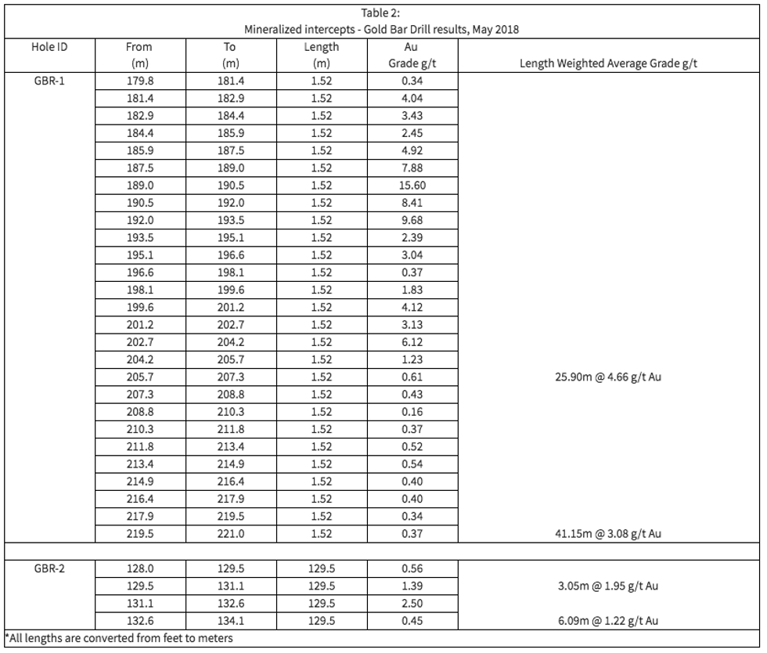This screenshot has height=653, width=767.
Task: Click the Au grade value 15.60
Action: tap(412, 186)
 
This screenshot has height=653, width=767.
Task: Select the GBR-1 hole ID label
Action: tap(49, 81)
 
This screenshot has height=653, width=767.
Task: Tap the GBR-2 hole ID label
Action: tap(49, 569)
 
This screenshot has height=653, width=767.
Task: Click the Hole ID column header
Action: tap(49, 47)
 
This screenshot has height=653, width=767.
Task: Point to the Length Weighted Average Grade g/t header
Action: tap(609, 64)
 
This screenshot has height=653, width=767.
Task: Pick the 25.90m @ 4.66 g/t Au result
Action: tap(609, 377)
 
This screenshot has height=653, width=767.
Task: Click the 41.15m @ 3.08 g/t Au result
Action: tap(609, 534)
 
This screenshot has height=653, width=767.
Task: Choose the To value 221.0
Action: tap(230, 534)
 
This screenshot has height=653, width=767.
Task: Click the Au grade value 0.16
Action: tap(412, 412)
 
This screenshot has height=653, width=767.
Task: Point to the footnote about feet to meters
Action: tap(119, 638)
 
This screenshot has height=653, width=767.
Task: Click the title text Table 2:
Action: tap(382, 13)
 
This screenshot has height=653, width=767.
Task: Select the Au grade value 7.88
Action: tap(412, 168)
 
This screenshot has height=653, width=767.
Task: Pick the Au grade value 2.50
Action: tap(412, 604)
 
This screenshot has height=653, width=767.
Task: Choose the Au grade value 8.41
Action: tap(412, 203)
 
